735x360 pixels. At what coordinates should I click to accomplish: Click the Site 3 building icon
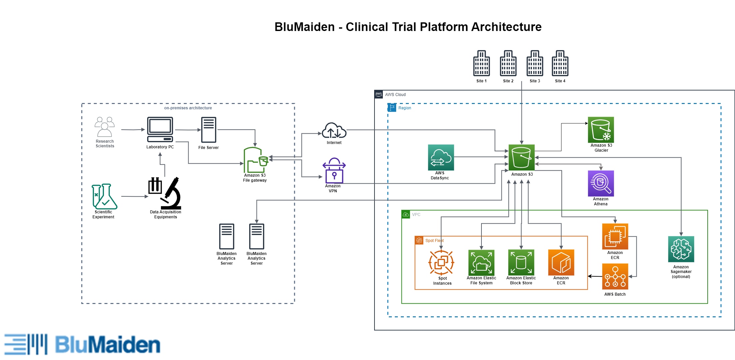[535, 63]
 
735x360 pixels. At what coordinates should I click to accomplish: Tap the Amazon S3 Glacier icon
[601, 130]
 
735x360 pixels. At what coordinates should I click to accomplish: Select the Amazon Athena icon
[601, 184]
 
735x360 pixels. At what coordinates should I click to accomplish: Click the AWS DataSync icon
[441, 157]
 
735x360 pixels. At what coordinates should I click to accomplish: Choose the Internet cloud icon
[334, 131]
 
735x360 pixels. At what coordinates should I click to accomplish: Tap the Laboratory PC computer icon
[160, 129]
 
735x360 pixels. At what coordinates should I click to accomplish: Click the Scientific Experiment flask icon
[104, 196]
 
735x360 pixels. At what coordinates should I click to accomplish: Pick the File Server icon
[209, 130]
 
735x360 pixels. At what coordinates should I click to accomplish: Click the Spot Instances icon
[441, 263]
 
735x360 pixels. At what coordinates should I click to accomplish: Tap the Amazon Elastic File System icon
[481, 263]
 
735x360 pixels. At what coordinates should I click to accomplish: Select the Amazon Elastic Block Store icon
[521, 263]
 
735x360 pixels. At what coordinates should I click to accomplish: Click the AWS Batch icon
[615, 277]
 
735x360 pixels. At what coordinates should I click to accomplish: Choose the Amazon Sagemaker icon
[681, 249]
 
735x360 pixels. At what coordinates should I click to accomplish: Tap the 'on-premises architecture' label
[188, 108]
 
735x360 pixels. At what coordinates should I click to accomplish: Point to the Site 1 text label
[481, 81]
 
